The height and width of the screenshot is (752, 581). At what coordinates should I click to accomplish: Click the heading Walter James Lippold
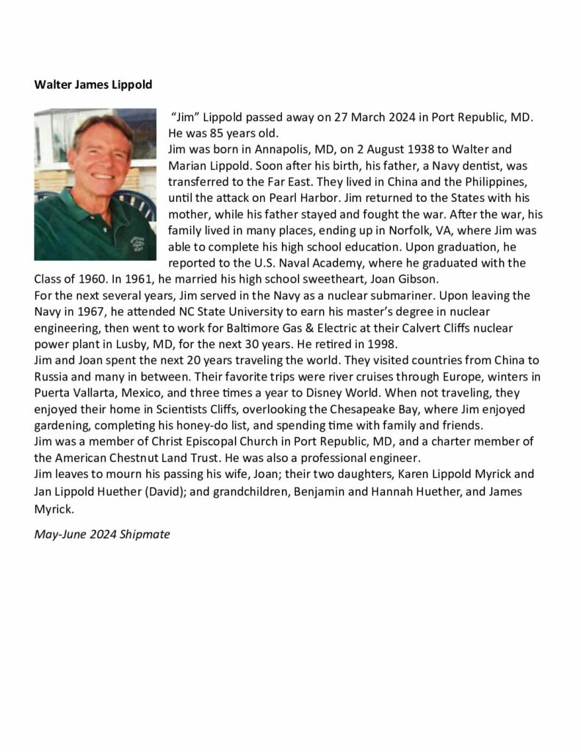coord(93,84)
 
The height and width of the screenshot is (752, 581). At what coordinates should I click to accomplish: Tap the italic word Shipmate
coord(145,534)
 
